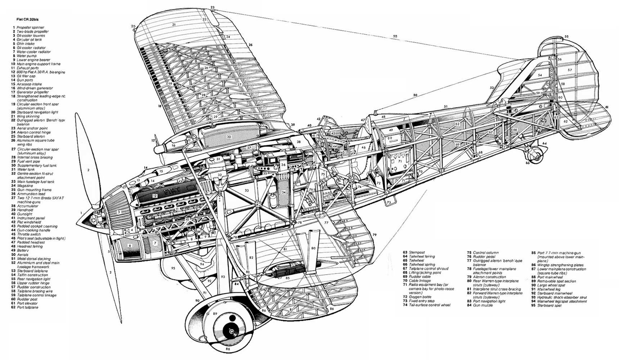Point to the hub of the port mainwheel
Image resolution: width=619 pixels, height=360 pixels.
230,327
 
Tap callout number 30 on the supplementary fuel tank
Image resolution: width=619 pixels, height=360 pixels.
229,137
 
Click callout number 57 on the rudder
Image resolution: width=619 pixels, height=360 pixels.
570,70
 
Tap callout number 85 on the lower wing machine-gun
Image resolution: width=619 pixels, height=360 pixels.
287,278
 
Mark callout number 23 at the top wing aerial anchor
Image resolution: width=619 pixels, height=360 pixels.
212,7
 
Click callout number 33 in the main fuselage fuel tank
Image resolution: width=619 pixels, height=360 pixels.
247,190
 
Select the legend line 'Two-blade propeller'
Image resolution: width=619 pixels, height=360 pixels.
32,31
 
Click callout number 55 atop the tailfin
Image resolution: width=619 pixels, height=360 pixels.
566,36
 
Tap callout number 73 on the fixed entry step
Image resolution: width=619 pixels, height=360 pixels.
389,203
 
